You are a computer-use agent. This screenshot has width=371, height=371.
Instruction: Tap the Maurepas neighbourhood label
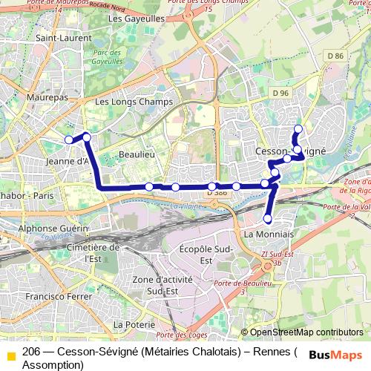click(x=46, y=97)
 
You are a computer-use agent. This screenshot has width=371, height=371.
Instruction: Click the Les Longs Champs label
click(x=134, y=102)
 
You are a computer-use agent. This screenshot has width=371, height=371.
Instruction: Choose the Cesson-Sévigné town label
click(x=290, y=150)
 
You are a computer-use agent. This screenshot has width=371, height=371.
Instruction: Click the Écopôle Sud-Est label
click(x=207, y=254)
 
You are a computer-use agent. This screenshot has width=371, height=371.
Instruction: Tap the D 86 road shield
click(x=335, y=56)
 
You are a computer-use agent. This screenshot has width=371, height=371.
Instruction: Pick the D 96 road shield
click(x=280, y=93)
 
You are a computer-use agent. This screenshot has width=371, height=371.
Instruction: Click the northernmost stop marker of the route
click(x=298, y=129)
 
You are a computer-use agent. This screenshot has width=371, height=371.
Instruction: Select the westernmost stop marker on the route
click(x=69, y=139)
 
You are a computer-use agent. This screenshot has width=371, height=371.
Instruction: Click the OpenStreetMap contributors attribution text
click(x=306, y=332)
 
